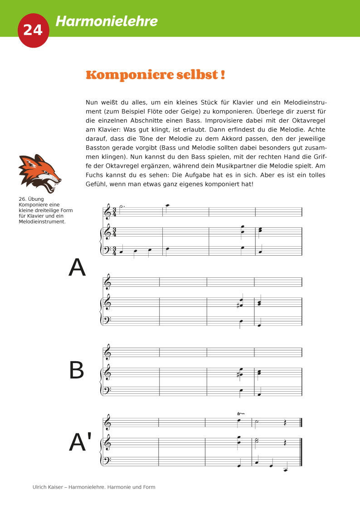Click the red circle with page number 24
click(x=33, y=30)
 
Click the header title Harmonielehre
click(x=107, y=21)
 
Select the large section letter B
click(x=77, y=371)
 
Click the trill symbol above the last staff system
click(x=241, y=414)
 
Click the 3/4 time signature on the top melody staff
click(x=114, y=212)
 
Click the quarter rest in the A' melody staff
click(x=285, y=422)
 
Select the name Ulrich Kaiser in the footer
click(x=47, y=487)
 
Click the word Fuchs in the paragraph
click(x=96, y=175)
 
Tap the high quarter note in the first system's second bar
click(x=167, y=205)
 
